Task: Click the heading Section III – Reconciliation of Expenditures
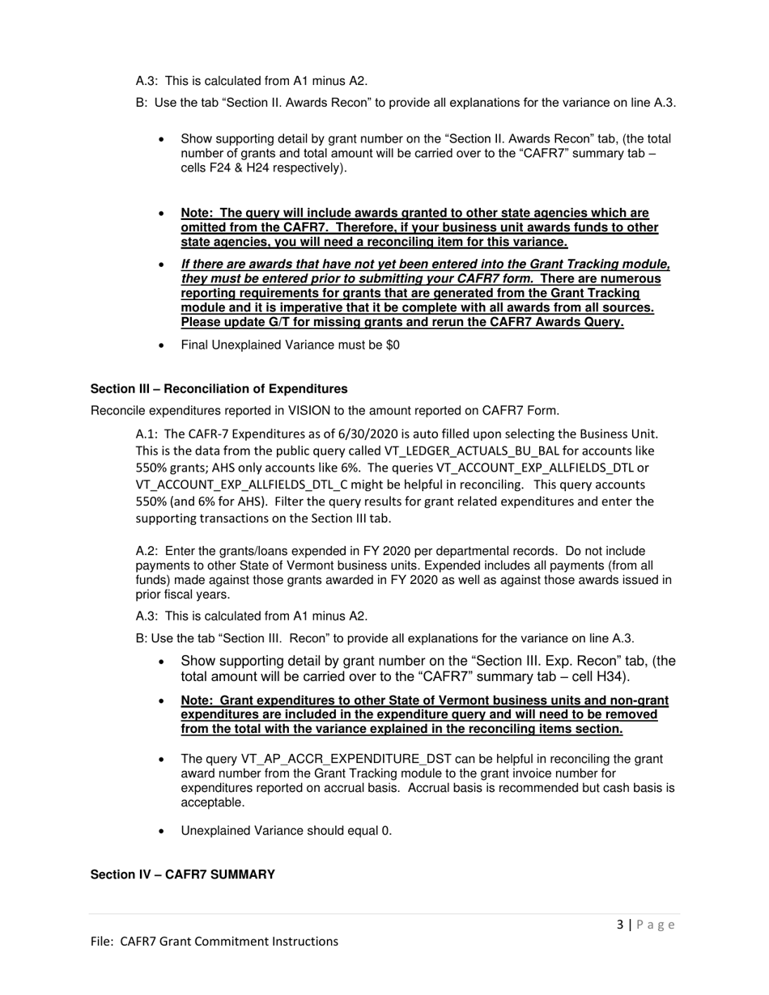pos(219,389)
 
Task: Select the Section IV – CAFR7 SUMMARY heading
pos(182,875)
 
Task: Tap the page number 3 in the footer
pos(620,925)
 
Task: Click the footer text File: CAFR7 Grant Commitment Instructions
pos(214,941)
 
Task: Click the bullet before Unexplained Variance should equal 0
pos(163,832)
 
